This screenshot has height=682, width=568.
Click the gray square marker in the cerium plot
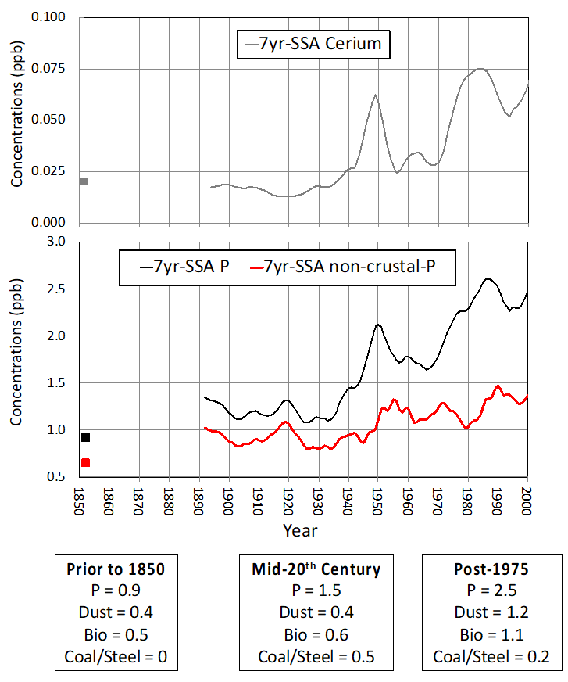click(x=84, y=181)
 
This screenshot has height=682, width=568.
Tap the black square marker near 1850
click(x=85, y=437)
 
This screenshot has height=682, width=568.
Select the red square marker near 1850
click(x=85, y=463)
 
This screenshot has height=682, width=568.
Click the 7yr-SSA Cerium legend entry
click(x=313, y=44)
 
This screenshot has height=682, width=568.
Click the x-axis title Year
click(x=300, y=531)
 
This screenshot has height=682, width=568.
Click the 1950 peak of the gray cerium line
click(x=376, y=95)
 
